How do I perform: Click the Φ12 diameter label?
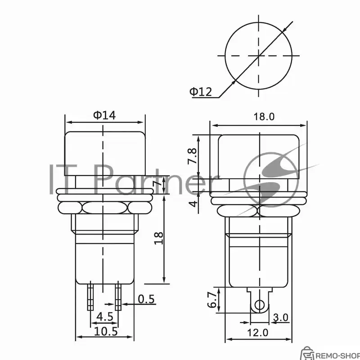tap(201, 92)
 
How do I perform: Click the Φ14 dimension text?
tap(104, 115)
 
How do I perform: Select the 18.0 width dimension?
tap(264, 117)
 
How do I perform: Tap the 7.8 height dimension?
tap(193, 156)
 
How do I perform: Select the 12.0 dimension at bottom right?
tap(257, 333)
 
